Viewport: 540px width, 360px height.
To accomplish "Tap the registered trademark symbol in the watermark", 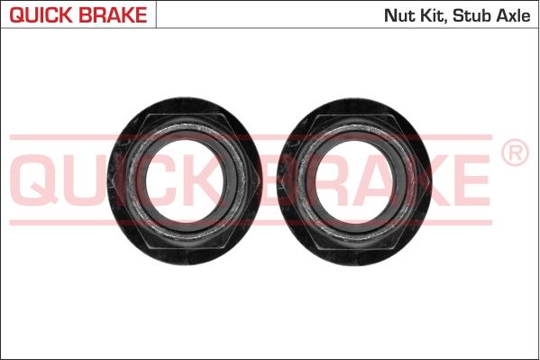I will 514,154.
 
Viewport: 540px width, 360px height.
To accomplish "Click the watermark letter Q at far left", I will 37,178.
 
